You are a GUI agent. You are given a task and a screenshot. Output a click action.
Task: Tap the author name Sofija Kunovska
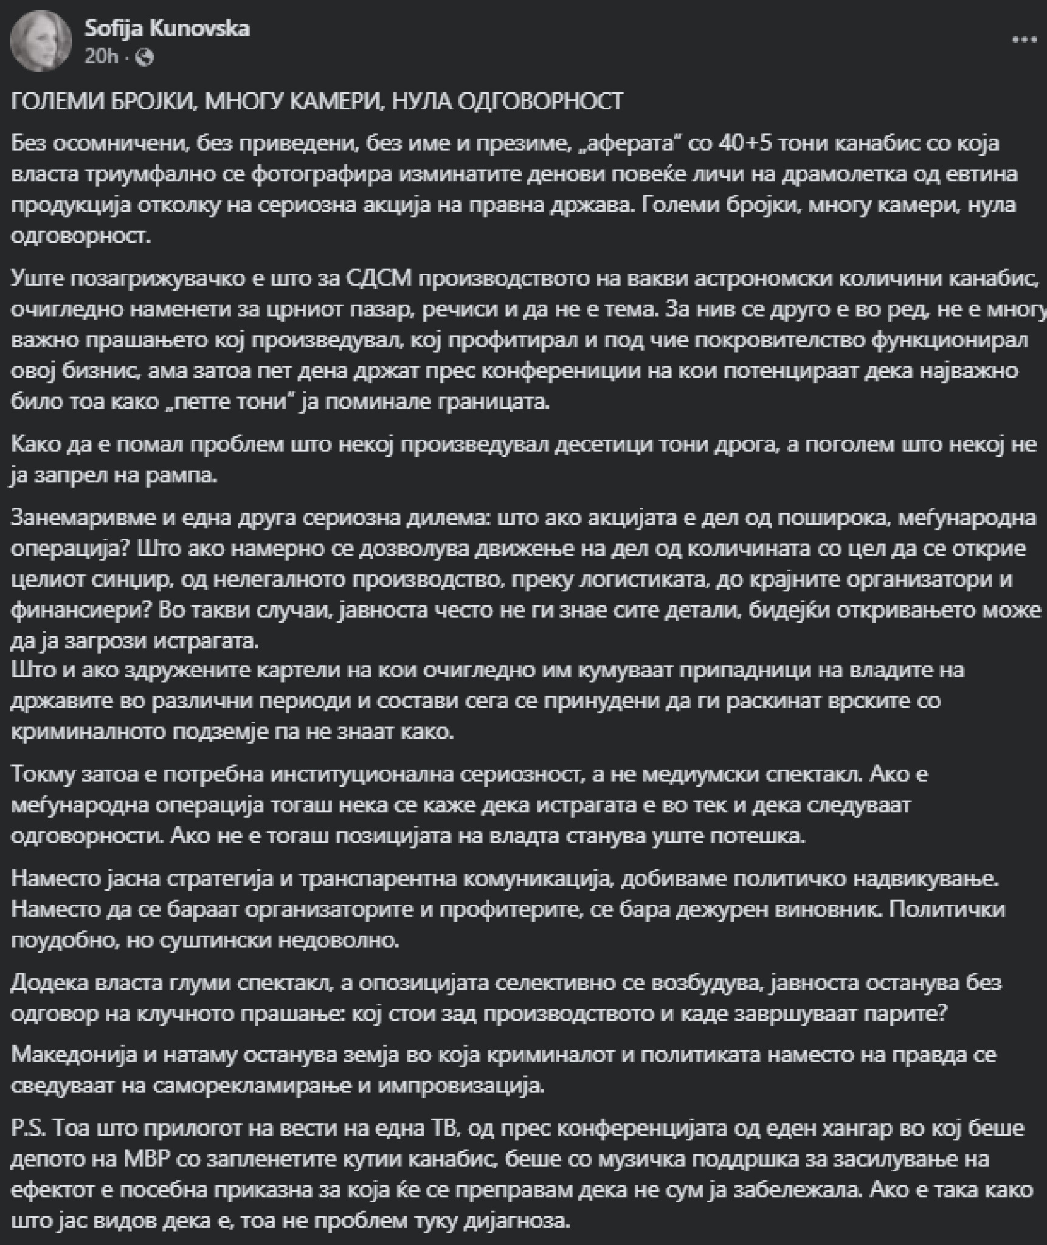(x=167, y=29)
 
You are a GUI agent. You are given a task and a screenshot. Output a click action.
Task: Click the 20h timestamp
(x=101, y=57)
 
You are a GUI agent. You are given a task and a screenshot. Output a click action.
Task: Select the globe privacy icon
(x=145, y=58)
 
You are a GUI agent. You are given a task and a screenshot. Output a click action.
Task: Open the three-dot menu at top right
(x=1023, y=40)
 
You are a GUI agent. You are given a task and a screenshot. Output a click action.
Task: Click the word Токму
(x=49, y=774)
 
